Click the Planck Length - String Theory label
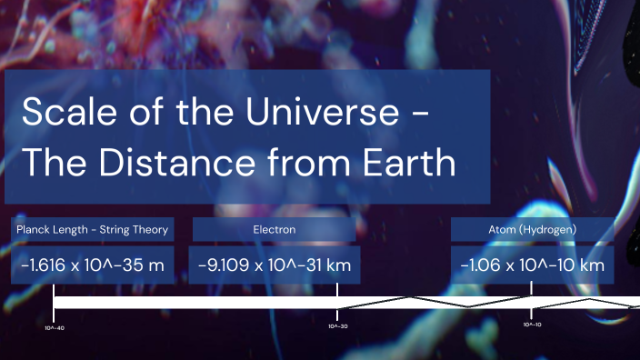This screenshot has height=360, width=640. (x=92, y=229)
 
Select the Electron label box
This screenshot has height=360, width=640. (x=274, y=229)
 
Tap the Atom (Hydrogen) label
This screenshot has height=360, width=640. (x=531, y=229)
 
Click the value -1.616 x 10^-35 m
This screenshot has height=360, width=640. (x=92, y=265)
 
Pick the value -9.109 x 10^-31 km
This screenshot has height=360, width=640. (x=274, y=265)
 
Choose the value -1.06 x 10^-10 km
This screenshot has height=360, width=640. (x=531, y=265)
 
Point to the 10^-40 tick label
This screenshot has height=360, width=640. (x=55, y=327)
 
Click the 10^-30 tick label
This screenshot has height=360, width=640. (x=338, y=325)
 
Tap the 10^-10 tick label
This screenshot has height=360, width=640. (x=532, y=325)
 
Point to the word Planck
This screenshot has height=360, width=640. (x=33, y=229)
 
